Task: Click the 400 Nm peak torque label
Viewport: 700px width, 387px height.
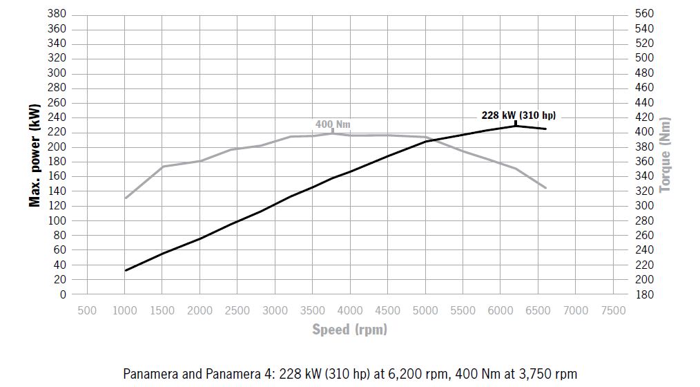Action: click(x=333, y=124)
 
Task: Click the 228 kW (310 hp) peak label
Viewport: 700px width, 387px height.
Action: click(x=518, y=115)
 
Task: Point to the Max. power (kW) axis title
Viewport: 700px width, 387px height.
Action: click(x=34, y=154)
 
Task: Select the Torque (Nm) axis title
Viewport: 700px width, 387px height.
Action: click(x=665, y=154)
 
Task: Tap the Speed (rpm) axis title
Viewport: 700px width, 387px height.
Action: click(x=349, y=330)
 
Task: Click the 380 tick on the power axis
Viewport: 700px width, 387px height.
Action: click(x=57, y=14)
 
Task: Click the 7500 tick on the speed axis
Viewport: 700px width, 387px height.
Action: click(x=613, y=310)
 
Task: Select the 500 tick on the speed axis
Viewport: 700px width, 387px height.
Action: click(x=87, y=310)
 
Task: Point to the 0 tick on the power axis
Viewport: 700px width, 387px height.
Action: click(x=63, y=294)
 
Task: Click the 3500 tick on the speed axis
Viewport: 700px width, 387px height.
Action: click(x=312, y=310)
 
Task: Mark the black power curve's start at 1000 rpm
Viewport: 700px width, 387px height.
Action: click(x=125, y=270)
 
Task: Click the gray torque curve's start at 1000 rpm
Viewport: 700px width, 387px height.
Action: click(x=125, y=198)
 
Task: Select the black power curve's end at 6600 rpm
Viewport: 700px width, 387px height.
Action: click(x=546, y=129)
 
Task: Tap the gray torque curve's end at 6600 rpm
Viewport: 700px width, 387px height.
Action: click(x=546, y=188)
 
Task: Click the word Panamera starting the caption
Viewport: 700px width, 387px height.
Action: click(x=146, y=373)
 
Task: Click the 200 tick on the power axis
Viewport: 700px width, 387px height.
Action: click(x=57, y=147)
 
